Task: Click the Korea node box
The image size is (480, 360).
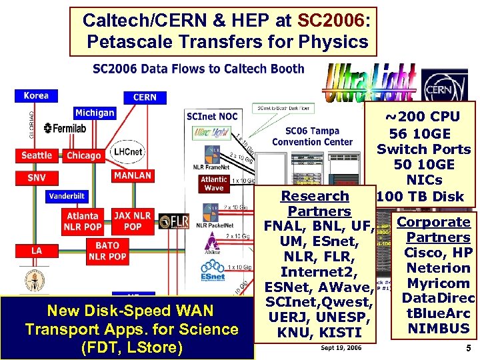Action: [36, 95]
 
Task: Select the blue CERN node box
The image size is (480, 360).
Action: [145, 97]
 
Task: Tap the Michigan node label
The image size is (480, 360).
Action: [94, 113]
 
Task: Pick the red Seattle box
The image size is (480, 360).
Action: [37, 155]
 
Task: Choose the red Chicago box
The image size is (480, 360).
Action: [83, 155]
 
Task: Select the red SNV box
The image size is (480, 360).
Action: [37, 178]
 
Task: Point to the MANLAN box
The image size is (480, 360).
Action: [132, 175]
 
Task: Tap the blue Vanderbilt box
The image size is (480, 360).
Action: [67, 197]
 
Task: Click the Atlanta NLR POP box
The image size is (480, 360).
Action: [83, 221]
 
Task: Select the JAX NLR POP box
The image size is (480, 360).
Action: [133, 221]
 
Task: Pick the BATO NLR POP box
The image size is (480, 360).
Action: [107, 251]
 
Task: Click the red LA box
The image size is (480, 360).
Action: [37, 250]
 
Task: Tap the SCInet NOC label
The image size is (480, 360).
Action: [212, 117]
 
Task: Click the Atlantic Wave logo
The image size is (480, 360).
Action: [213, 183]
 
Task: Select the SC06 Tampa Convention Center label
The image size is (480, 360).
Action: [312, 136]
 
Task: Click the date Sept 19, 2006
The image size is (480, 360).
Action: [341, 347]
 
